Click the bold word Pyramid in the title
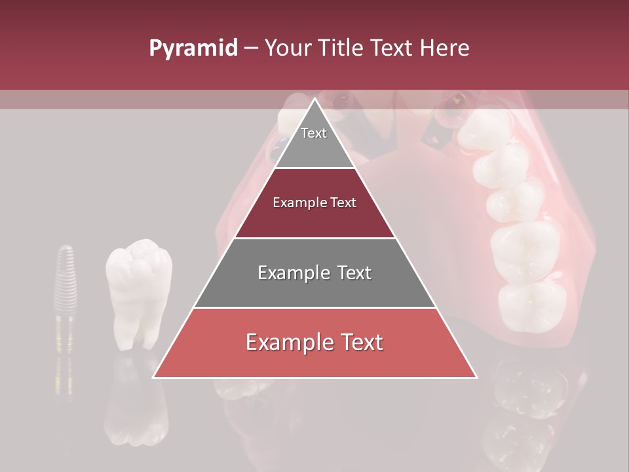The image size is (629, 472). tap(193, 49)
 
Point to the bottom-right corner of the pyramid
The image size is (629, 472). tap(476, 377)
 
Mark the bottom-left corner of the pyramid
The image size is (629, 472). tap(154, 377)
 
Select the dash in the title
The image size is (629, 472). tap(250, 49)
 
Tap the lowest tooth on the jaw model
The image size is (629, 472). tap(532, 305)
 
